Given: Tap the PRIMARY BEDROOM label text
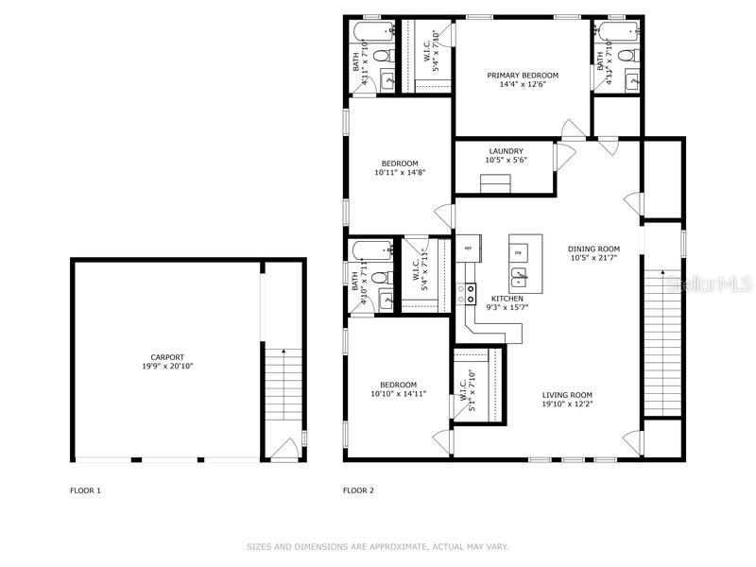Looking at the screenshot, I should [523, 76].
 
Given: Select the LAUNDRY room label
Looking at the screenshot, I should [506, 151].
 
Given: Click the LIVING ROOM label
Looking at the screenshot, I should [567, 395].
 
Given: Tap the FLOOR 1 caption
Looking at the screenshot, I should [85, 490].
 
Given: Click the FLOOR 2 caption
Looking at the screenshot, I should [358, 490].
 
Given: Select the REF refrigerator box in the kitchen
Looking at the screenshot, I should [467, 249].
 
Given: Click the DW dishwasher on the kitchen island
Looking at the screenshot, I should [519, 253].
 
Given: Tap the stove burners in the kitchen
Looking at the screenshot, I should [467, 293].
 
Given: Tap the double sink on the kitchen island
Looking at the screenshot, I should [519, 277].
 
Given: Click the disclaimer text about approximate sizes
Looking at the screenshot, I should [377, 546].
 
